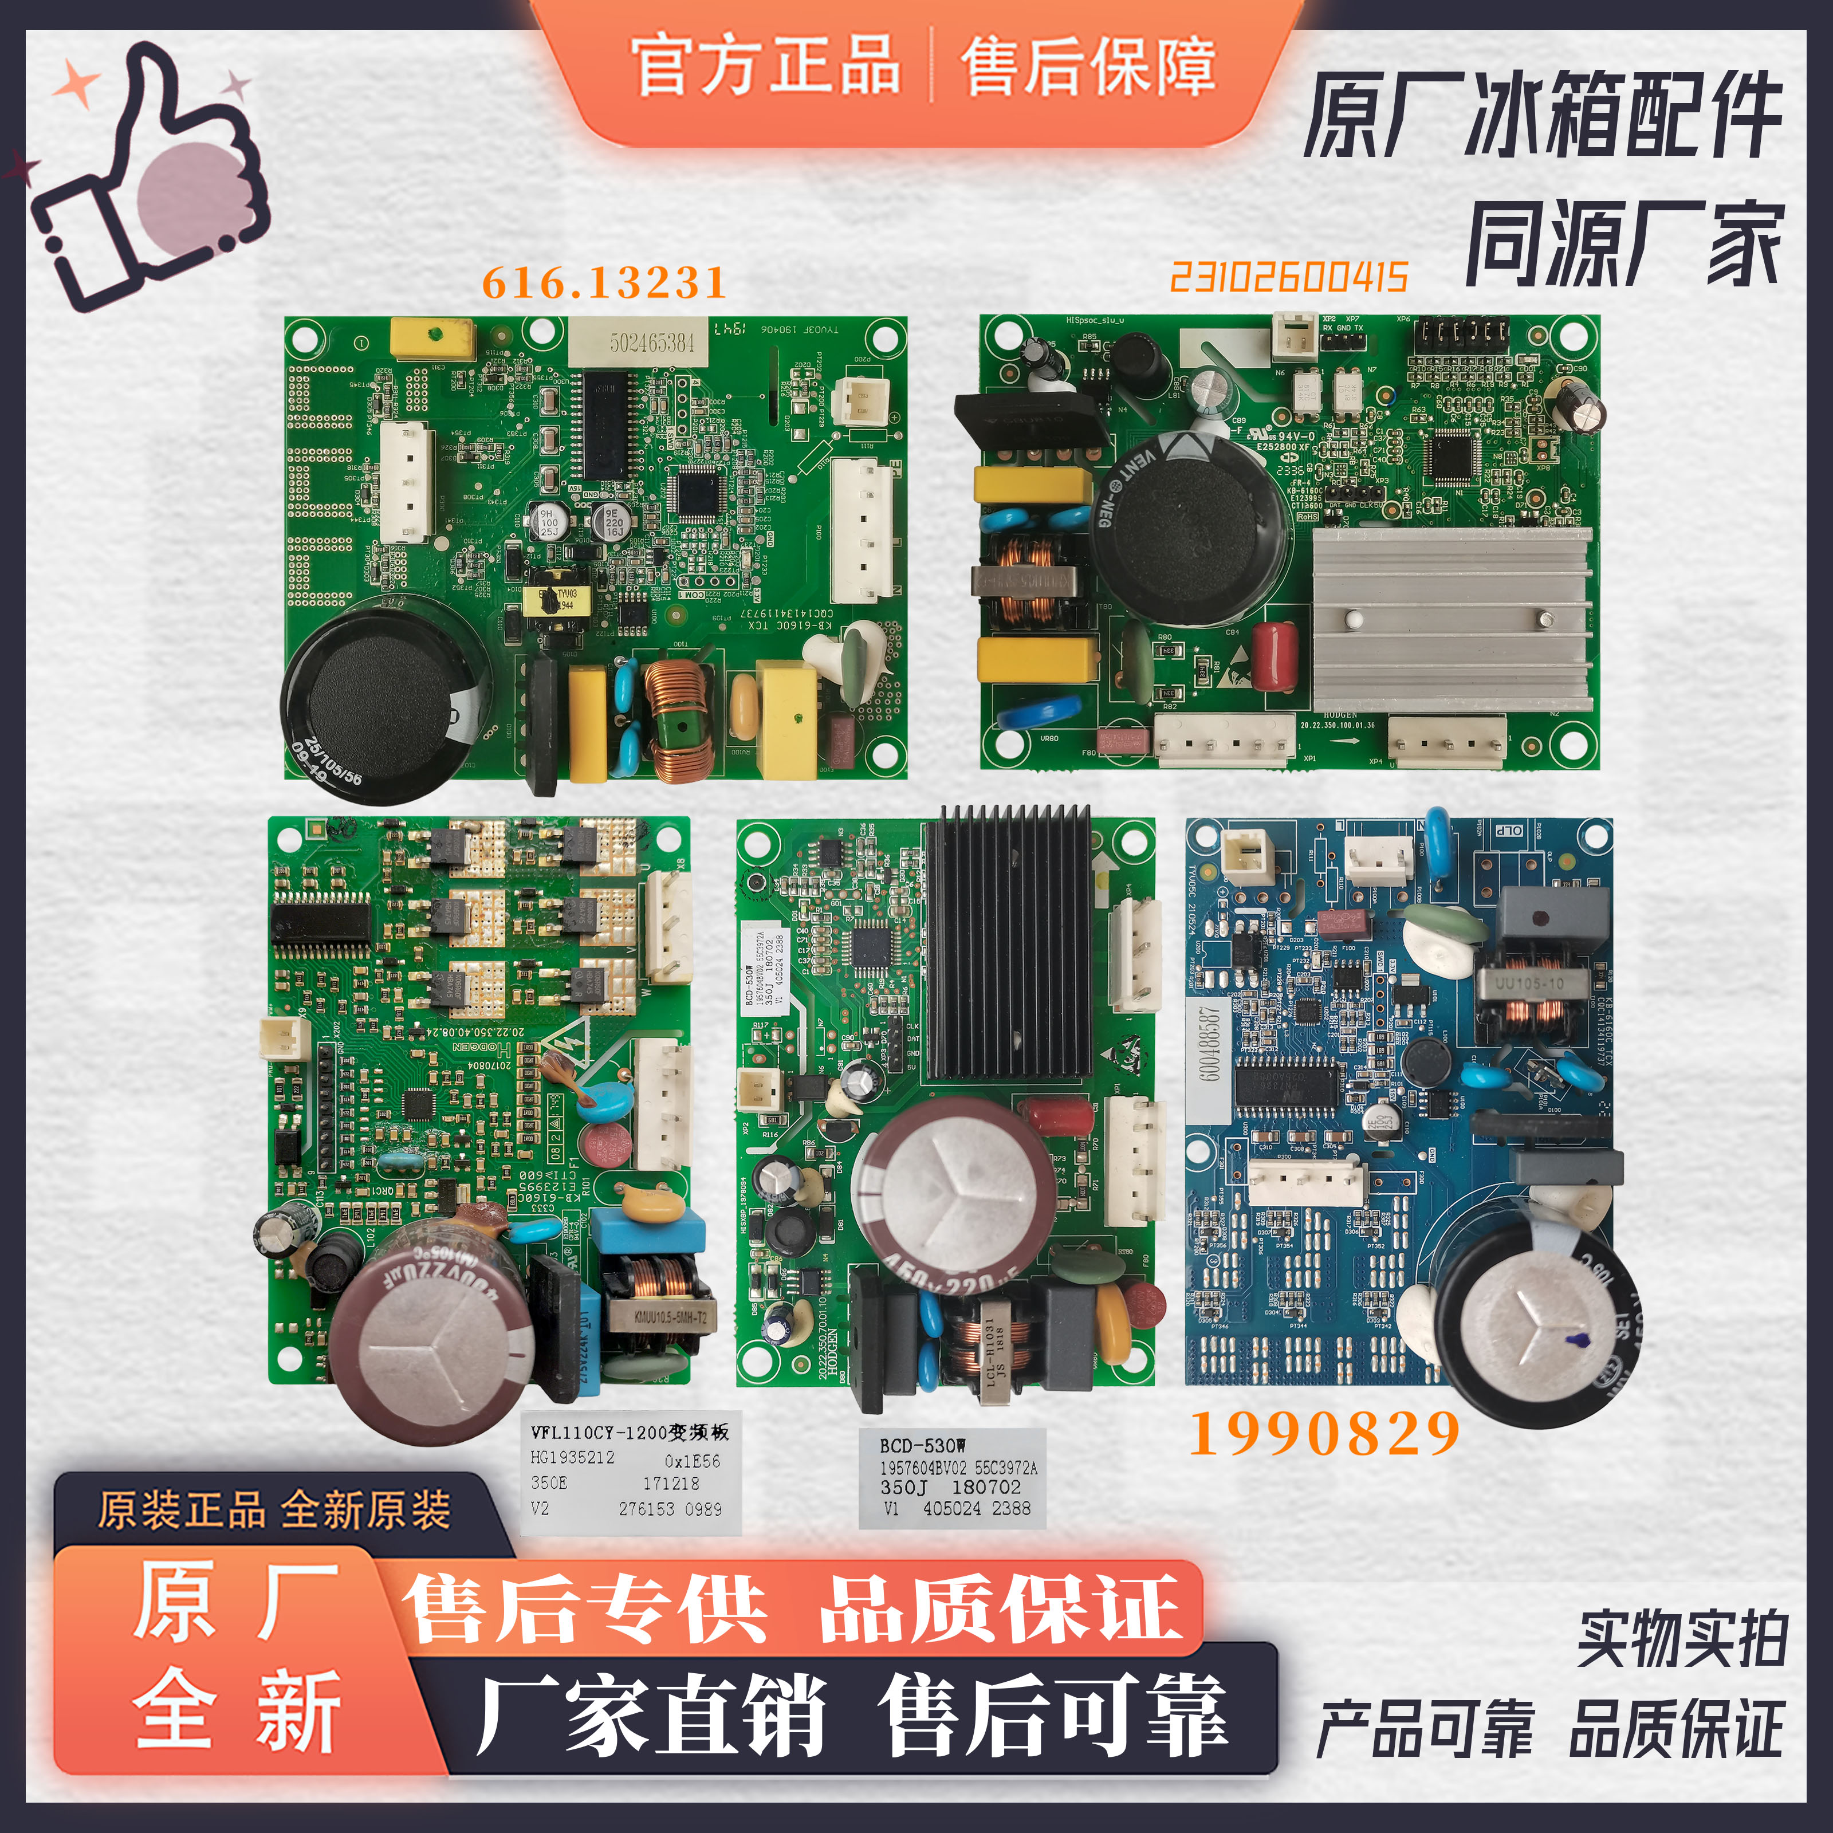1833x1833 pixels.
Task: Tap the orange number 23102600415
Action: pyautogui.click(x=1288, y=278)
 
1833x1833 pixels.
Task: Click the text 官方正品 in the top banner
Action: pyautogui.click(x=766, y=65)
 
